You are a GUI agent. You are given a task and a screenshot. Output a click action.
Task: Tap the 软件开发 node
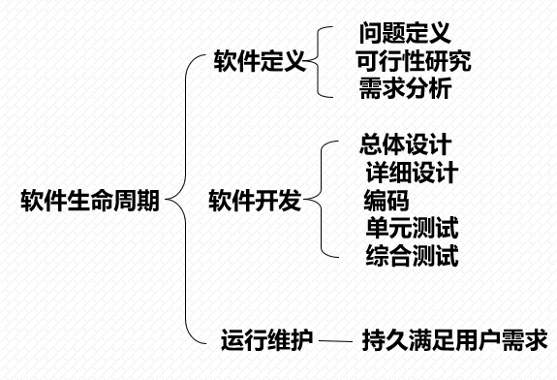255,202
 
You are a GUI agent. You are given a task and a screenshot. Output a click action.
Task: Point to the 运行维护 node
266,340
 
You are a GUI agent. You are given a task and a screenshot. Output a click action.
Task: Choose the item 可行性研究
414,62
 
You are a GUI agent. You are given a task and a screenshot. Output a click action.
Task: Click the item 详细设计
412,174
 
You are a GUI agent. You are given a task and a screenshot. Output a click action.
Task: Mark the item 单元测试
412,229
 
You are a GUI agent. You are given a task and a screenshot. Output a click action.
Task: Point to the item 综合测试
412,256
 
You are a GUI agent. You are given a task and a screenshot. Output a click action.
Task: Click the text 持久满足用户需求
454,340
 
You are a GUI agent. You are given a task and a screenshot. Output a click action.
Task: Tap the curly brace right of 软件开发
321,202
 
